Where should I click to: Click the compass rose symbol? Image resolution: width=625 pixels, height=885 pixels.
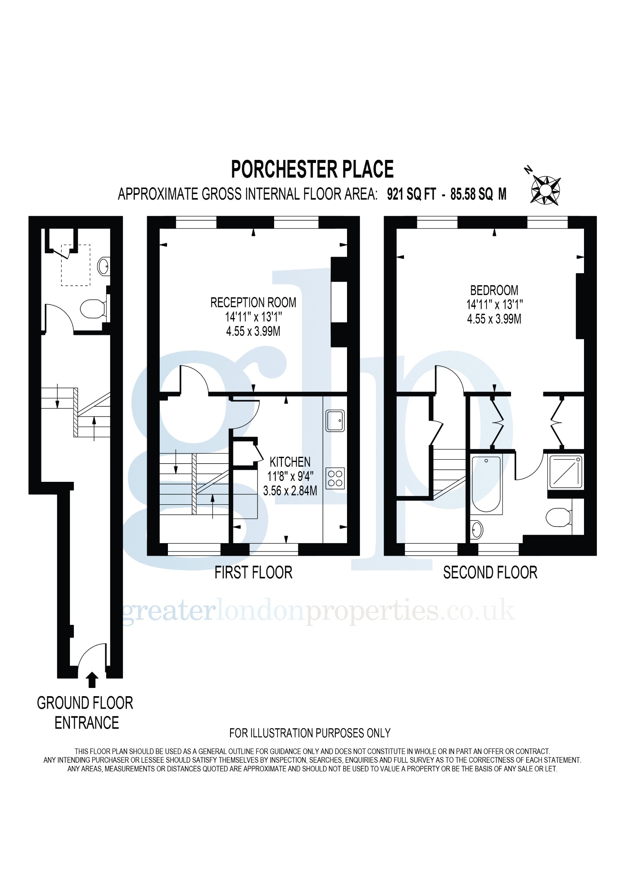545,190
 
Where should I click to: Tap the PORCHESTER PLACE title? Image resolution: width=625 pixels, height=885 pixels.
312,169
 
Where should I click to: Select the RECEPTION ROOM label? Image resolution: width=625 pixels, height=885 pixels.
253,302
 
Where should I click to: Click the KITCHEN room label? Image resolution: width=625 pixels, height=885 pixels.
290,462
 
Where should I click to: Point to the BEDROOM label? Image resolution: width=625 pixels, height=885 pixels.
494,290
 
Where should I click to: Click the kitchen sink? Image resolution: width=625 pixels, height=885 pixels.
335,420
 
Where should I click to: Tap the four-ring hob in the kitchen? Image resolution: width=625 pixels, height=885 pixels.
335,478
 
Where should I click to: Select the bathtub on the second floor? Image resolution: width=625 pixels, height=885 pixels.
486,484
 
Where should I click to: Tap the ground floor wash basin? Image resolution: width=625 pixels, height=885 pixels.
104,266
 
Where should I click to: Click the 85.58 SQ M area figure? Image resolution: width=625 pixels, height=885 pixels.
478,194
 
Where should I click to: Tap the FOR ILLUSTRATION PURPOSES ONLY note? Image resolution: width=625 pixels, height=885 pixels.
310,733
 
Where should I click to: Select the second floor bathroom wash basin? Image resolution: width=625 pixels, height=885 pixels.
477,529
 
